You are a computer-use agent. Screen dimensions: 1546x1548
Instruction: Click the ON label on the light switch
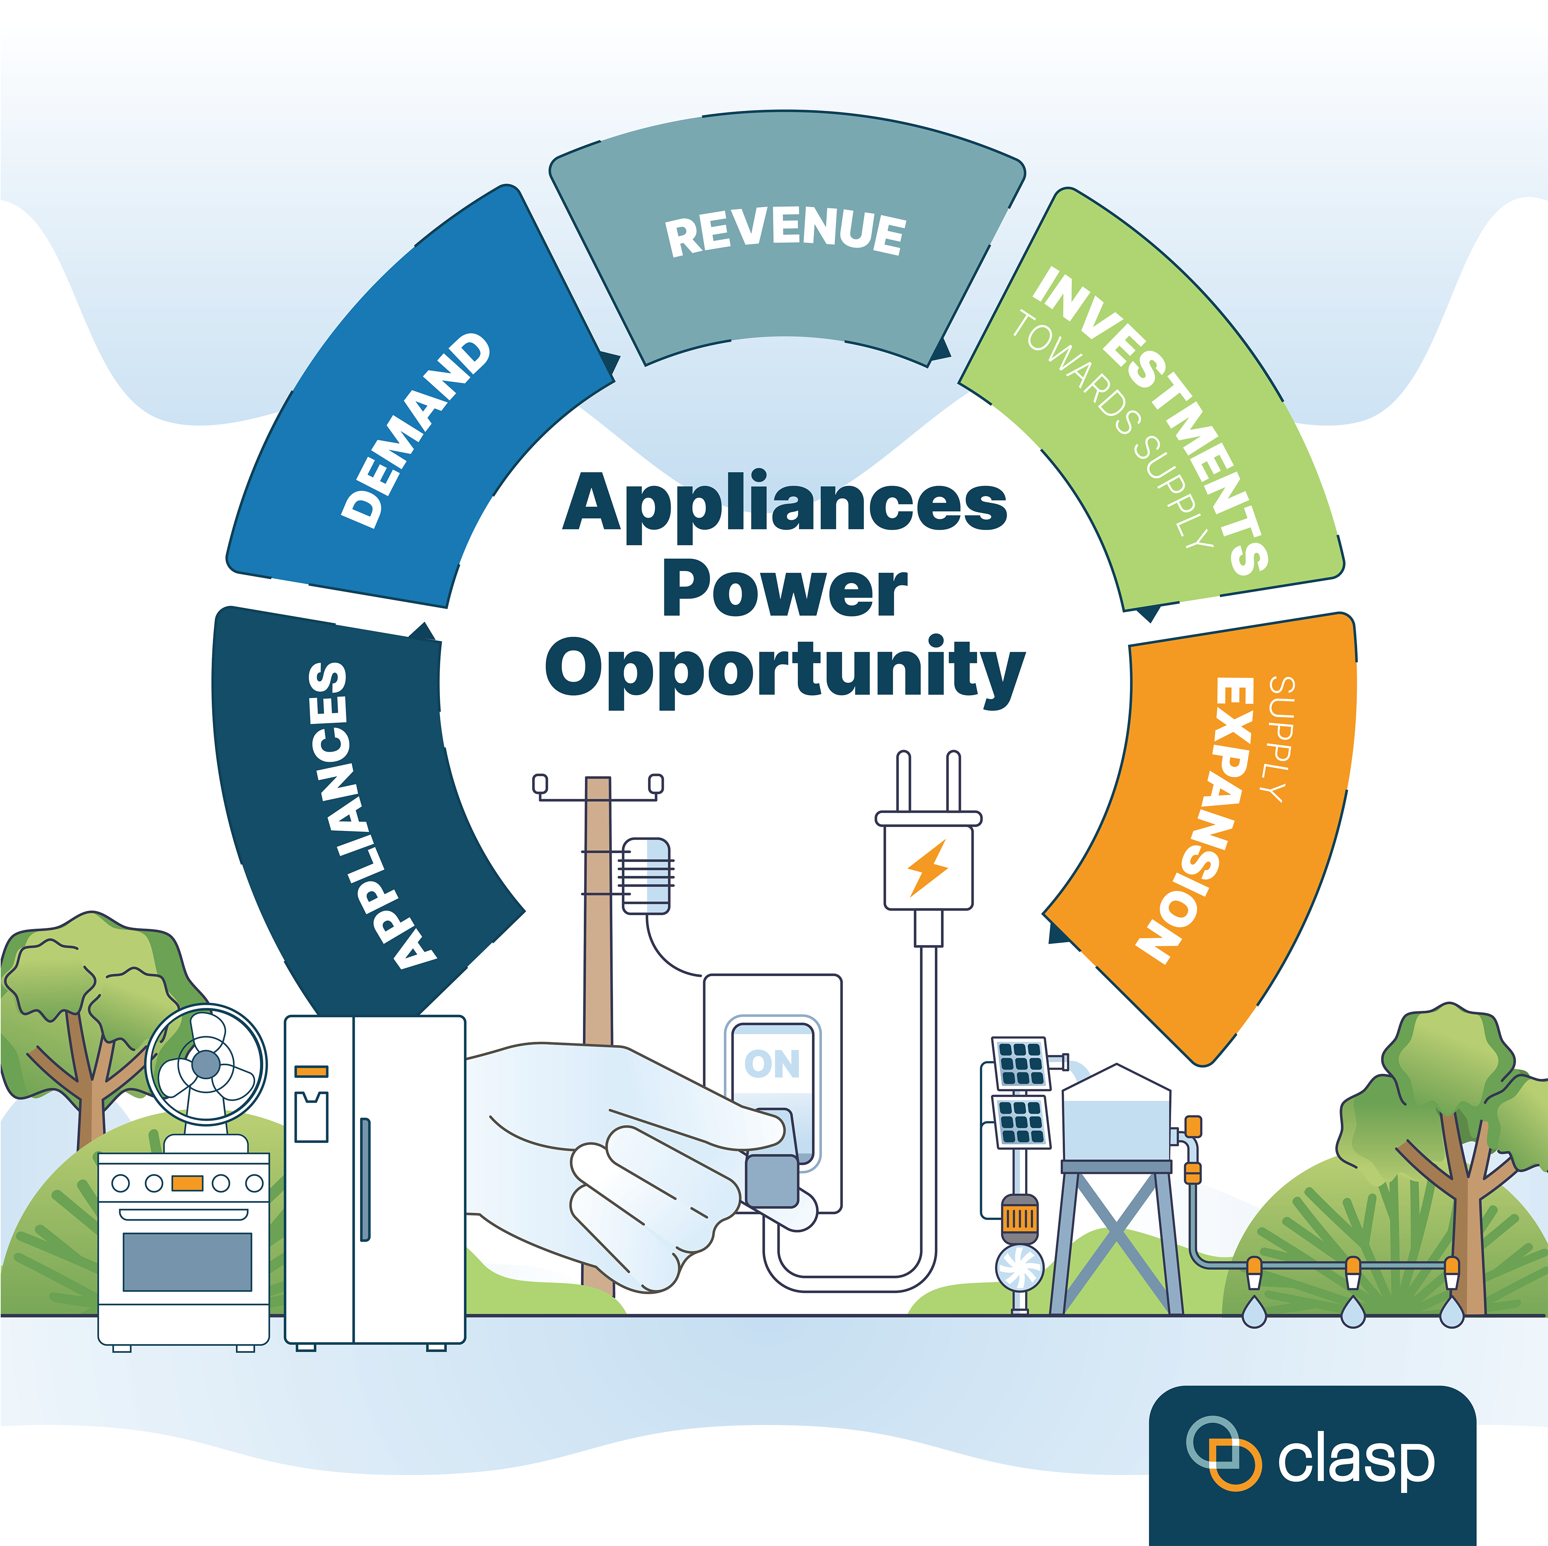point(772,1064)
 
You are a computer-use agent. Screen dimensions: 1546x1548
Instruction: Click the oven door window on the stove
point(187,1261)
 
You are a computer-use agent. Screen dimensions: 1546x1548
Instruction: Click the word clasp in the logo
point(1356,1461)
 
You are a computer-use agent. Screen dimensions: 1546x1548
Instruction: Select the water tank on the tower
point(1116,1118)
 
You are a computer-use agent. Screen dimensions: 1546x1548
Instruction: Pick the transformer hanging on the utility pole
point(646,875)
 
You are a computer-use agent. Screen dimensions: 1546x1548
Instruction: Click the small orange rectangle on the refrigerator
point(312,1071)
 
